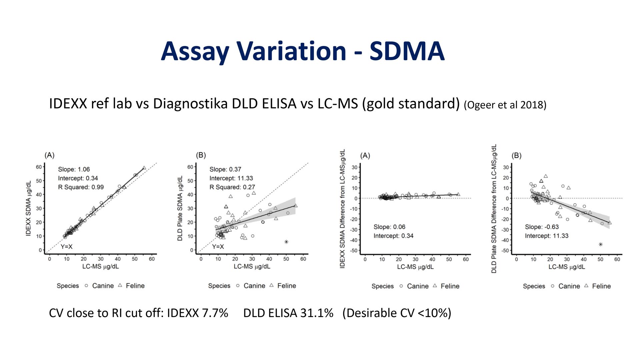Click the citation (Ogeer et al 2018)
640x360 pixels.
[505, 105]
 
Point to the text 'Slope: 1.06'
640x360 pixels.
[74, 169]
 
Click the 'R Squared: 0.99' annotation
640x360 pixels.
[81, 187]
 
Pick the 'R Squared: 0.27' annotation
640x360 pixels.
[232, 187]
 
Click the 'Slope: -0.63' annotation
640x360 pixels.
[542, 227]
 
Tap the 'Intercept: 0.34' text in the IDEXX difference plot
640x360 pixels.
[393, 236]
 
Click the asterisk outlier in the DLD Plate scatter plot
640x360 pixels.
[286, 242]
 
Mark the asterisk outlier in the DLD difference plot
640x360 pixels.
[601, 244]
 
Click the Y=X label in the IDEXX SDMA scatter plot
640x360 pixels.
[66, 247]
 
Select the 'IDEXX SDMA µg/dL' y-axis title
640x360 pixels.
[28, 208]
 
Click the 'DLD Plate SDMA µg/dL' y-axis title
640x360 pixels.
[180, 208]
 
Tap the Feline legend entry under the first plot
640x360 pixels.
[135, 286]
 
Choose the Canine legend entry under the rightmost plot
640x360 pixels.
[569, 286]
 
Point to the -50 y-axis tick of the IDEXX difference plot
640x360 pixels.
[354, 250]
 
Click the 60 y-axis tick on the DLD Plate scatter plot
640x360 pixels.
[190, 167]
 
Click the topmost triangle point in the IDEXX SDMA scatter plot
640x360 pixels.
[144, 168]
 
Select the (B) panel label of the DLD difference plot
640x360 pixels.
[516, 156]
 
